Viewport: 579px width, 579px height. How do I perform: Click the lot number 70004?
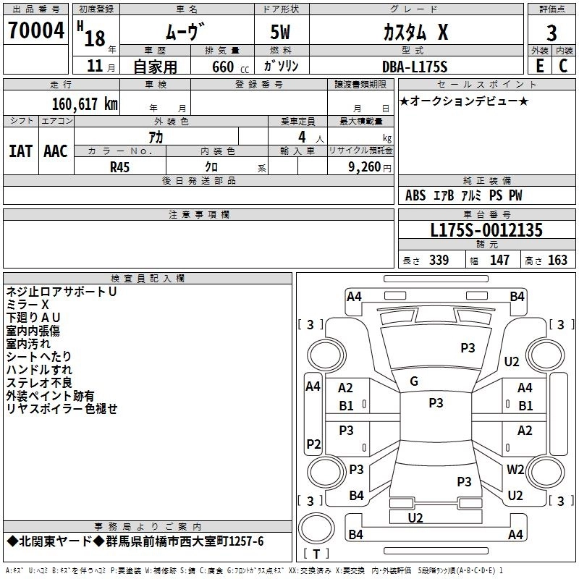(36, 30)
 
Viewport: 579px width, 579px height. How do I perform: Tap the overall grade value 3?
(551, 33)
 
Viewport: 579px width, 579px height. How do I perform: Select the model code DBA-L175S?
(415, 67)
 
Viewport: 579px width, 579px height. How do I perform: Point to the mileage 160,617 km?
(85, 104)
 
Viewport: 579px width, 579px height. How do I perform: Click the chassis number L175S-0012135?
(486, 230)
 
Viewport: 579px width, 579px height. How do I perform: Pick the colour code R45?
(119, 167)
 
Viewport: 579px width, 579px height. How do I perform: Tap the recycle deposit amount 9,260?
(365, 167)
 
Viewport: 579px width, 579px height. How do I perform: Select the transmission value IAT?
(21, 151)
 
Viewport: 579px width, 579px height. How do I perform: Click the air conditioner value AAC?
(56, 151)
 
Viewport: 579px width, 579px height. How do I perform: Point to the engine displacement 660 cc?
(230, 67)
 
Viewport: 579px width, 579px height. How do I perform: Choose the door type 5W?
(280, 32)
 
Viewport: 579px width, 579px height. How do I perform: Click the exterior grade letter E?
(539, 66)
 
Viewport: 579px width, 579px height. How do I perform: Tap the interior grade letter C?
(563, 66)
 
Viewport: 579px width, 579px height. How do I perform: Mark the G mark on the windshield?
(414, 381)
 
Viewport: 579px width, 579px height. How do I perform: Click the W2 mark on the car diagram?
(515, 469)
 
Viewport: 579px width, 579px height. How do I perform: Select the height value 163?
(557, 260)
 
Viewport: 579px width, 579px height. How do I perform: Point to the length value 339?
(439, 260)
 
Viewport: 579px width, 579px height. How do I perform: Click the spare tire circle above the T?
(316, 527)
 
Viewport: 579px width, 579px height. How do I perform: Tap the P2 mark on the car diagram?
(313, 444)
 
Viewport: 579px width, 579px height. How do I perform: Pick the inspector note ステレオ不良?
(39, 383)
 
